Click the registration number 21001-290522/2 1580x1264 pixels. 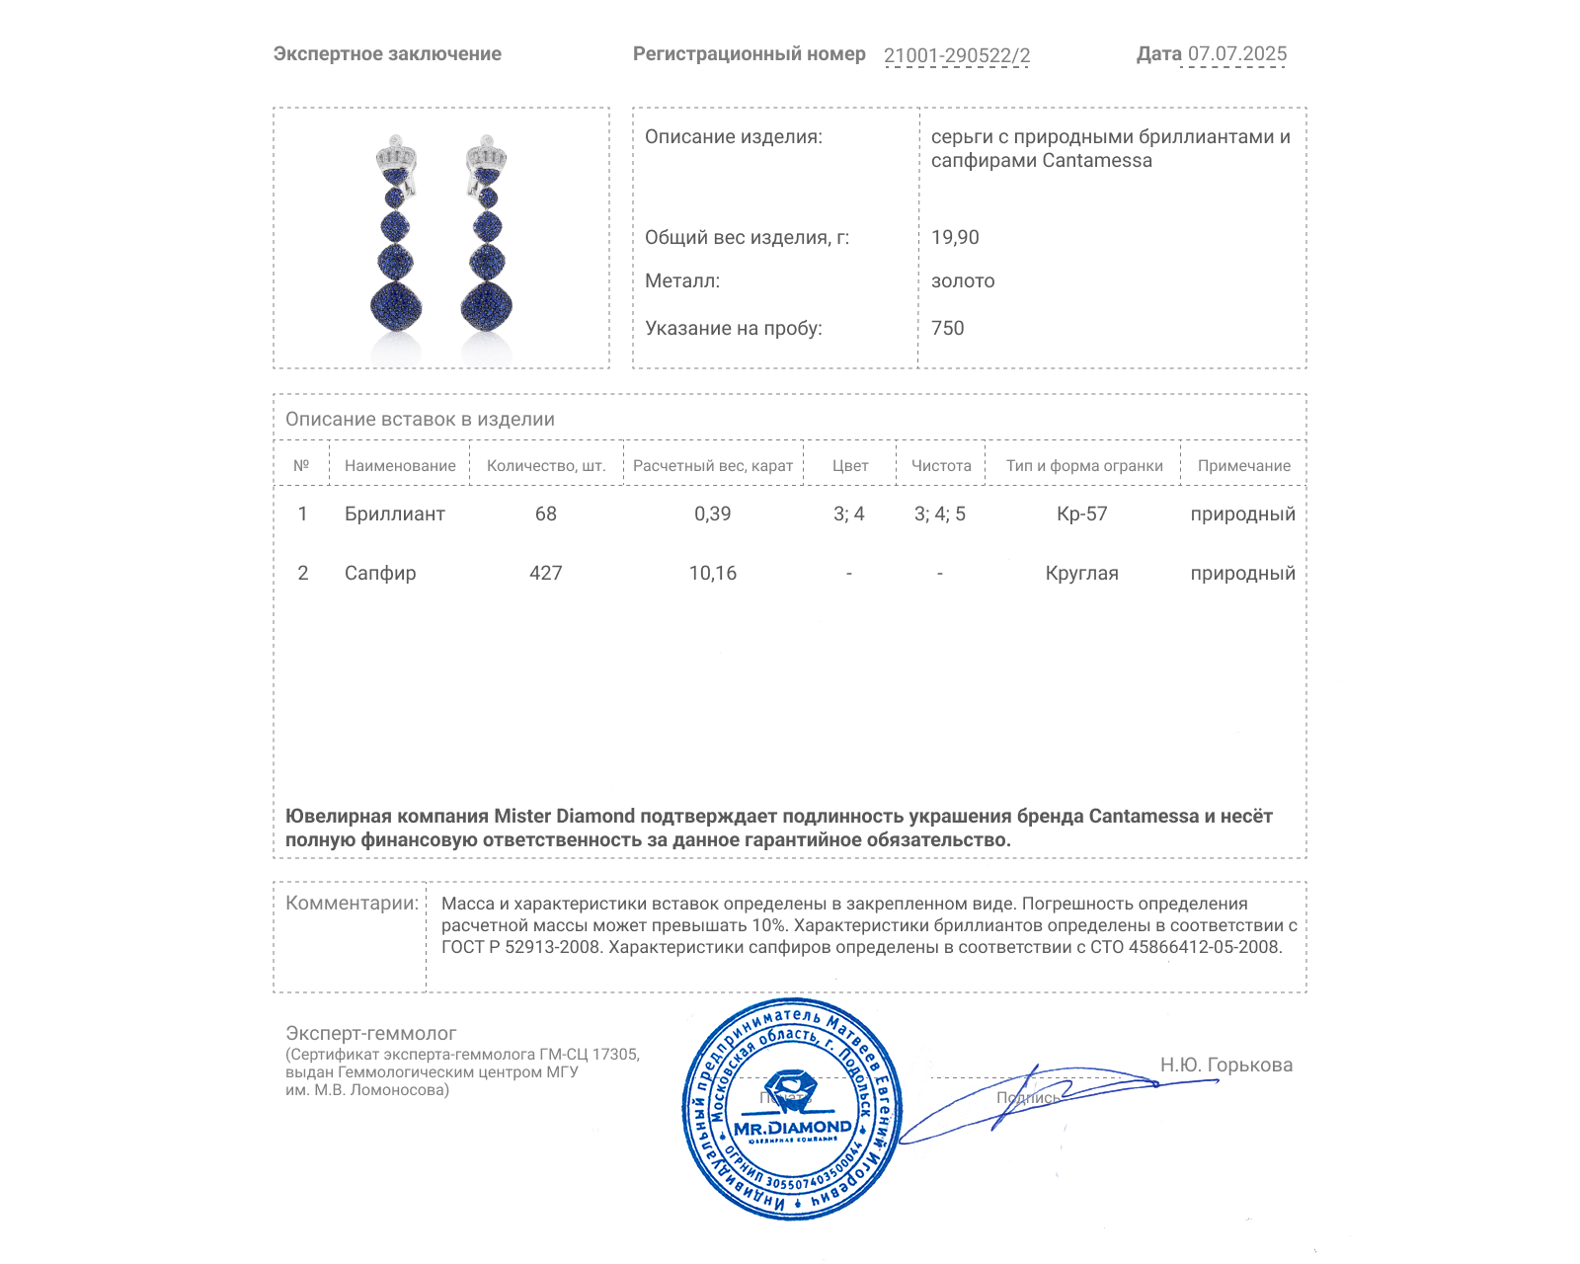click(956, 55)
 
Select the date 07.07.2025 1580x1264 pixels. click(1236, 54)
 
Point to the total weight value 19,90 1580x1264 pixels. click(955, 238)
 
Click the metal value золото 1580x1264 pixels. click(963, 281)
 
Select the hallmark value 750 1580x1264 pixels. click(947, 329)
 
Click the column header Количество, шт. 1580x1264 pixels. click(546, 466)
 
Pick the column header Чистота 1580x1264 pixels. click(940, 466)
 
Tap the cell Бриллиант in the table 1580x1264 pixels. click(394, 514)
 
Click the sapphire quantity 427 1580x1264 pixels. click(545, 574)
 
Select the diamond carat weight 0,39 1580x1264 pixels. click(712, 514)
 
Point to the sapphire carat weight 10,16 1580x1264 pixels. click(712, 574)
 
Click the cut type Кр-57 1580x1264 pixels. click(1081, 514)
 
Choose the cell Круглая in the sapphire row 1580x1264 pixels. click(1081, 574)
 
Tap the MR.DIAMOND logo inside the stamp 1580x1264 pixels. click(792, 1127)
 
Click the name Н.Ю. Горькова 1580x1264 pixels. click(1225, 1066)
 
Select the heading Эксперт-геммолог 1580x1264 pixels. click(370, 1034)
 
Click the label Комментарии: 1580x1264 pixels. click(352, 904)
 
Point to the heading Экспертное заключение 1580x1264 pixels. click(387, 54)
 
